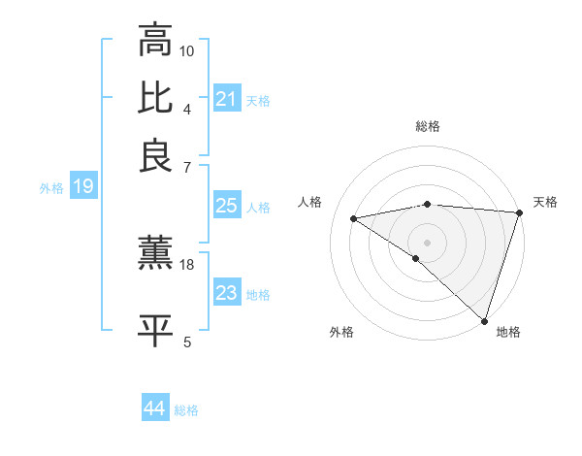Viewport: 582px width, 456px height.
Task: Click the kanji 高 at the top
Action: coord(155,41)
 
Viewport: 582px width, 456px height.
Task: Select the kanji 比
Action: coord(155,97)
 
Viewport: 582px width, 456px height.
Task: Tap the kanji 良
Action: coord(155,155)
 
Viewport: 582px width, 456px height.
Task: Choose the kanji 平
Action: coord(155,330)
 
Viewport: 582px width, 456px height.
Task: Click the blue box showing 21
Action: coord(226,99)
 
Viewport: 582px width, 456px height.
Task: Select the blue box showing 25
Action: coord(226,206)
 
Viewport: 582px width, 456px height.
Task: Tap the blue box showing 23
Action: coord(226,293)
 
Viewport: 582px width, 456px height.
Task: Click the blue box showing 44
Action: coord(154,408)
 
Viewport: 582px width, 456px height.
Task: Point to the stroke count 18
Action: coord(187,264)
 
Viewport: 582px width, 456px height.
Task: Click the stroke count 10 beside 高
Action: coord(187,50)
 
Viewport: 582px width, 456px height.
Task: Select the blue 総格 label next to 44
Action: coord(186,410)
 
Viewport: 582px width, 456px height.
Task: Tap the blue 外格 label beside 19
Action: coord(50,188)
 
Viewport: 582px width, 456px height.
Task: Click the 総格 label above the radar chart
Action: coord(428,126)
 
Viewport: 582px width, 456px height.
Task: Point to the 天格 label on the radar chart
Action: coord(545,202)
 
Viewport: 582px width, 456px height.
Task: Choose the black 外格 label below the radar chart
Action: coord(341,333)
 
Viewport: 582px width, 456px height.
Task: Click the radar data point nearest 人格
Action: coord(354,218)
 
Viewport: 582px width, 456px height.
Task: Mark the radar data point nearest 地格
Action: coord(485,321)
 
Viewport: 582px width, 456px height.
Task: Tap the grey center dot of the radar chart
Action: coord(427,241)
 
